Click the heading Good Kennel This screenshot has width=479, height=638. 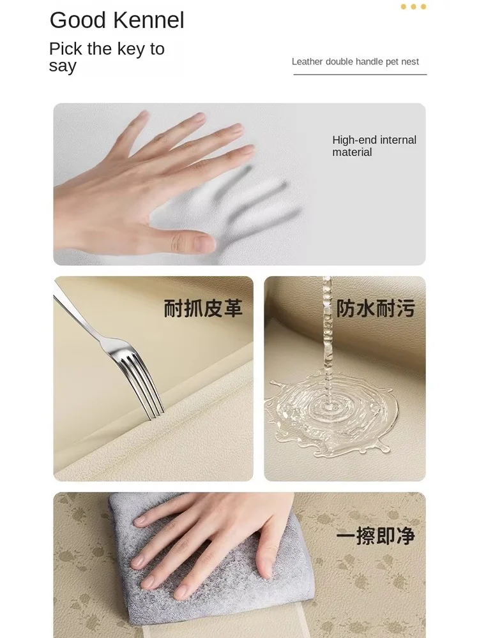pyautogui.click(x=117, y=20)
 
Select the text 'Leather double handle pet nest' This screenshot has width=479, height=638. pyautogui.click(x=355, y=61)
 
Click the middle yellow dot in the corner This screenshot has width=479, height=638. pyautogui.click(x=413, y=6)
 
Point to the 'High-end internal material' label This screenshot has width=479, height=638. pyautogui.click(x=374, y=145)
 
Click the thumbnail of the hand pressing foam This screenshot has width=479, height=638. pyautogui.click(x=240, y=184)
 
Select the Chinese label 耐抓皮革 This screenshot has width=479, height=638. pyautogui.click(x=203, y=308)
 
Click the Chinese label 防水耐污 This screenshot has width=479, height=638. pyautogui.click(x=376, y=308)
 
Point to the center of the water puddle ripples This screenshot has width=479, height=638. pyautogui.click(x=328, y=407)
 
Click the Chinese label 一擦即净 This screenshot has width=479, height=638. pyautogui.click(x=376, y=535)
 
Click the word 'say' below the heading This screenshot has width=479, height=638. pyautogui.click(x=63, y=66)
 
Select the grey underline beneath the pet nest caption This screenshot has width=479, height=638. pyautogui.click(x=360, y=75)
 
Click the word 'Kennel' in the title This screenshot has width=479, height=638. pyautogui.click(x=149, y=20)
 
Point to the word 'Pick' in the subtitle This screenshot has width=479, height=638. pyautogui.click(x=66, y=49)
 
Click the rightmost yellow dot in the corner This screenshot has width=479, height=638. pyautogui.click(x=423, y=6)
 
